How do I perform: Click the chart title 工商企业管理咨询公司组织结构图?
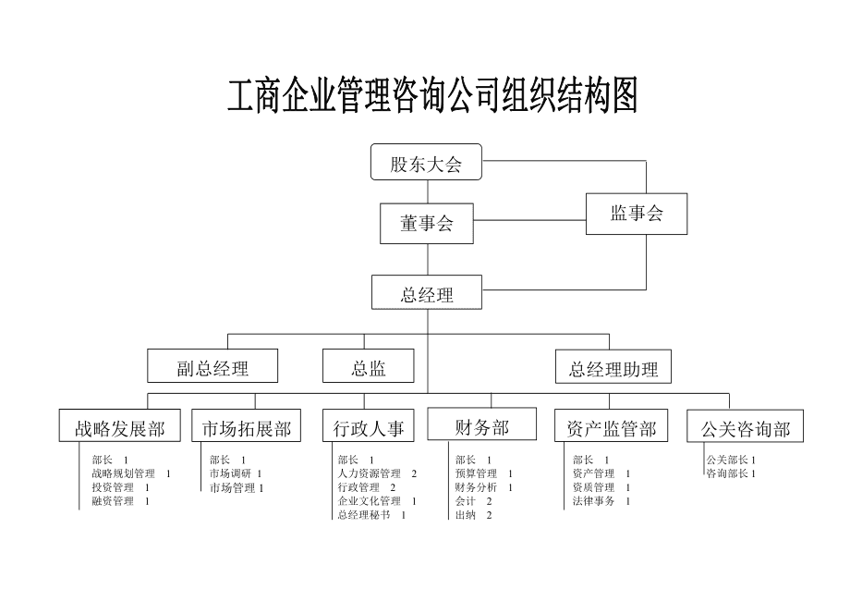click(x=432, y=96)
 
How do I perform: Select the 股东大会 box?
click(x=426, y=163)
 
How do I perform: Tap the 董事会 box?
click(x=426, y=224)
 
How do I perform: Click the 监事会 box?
click(x=637, y=215)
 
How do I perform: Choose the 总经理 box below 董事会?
click(x=427, y=294)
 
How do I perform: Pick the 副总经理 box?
click(x=212, y=366)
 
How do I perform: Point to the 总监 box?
click(x=368, y=366)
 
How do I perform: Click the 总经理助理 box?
click(x=613, y=368)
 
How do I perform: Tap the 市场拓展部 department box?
click(x=246, y=427)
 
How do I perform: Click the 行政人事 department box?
click(x=369, y=427)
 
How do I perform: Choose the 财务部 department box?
click(x=481, y=425)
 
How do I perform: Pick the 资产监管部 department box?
click(x=611, y=427)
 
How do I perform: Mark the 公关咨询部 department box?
click(x=745, y=427)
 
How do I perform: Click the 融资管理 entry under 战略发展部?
click(x=113, y=501)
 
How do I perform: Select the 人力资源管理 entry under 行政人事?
click(x=370, y=473)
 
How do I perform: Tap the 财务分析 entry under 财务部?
click(x=477, y=487)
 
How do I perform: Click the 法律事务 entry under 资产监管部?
click(x=594, y=501)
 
